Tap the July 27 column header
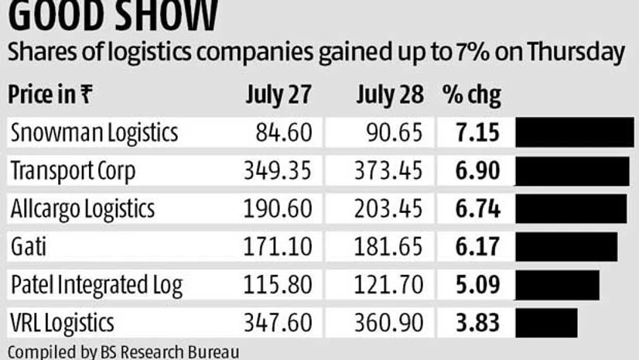(278, 96)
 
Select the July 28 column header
(390, 96)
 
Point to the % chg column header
(471, 96)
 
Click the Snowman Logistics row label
(94, 133)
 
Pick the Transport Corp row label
(73, 171)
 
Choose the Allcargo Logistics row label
(83, 208)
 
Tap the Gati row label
(27, 246)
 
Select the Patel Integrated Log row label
(96, 284)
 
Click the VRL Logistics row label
(62, 321)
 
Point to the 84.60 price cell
(283, 133)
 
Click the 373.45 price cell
(391, 171)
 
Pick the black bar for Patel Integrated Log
(556, 284)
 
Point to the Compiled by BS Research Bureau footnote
(124, 351)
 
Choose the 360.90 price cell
(391, 321)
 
